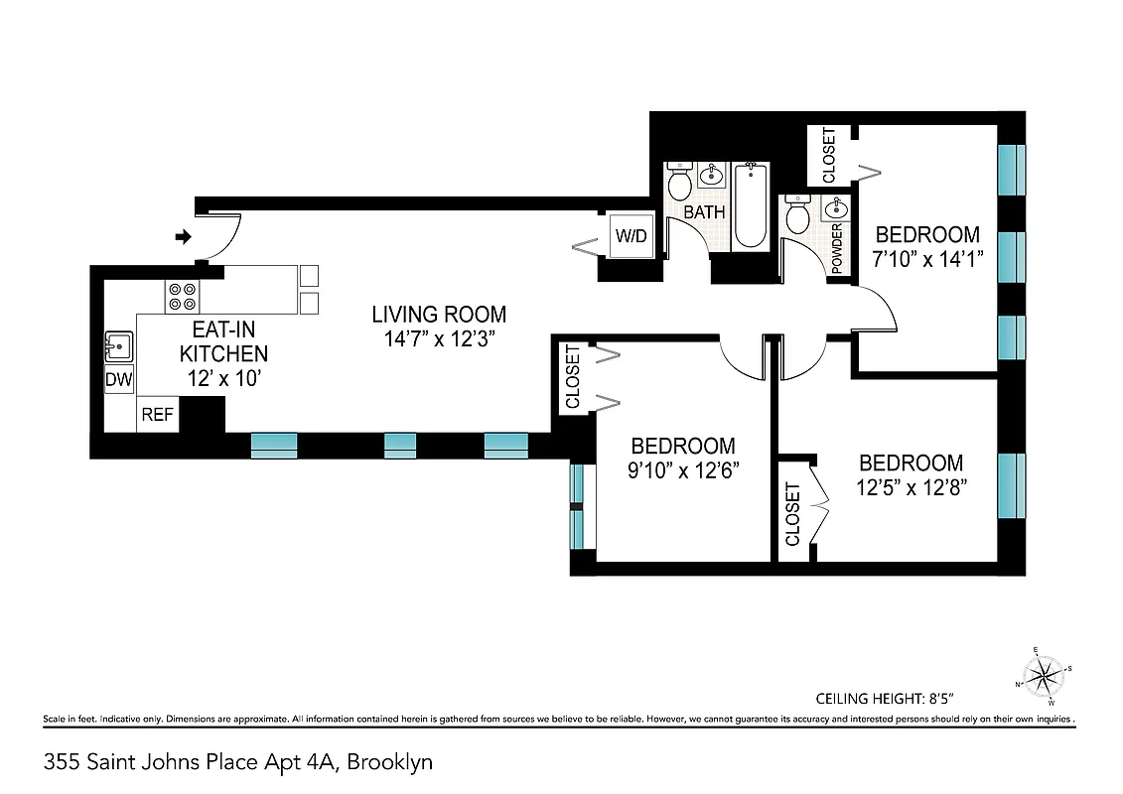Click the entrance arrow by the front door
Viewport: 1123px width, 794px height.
183,236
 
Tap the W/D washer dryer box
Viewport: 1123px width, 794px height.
630,237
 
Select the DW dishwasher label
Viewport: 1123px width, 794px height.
118,380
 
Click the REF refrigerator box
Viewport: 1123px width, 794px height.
157,415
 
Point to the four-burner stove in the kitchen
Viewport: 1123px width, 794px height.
183,296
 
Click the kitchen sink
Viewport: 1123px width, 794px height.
118,347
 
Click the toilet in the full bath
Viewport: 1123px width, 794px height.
680,183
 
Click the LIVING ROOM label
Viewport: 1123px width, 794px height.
439,315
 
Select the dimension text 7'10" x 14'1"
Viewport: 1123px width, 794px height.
926,259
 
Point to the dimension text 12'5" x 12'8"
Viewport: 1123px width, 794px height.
911,486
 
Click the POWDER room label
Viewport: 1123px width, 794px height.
837,248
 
